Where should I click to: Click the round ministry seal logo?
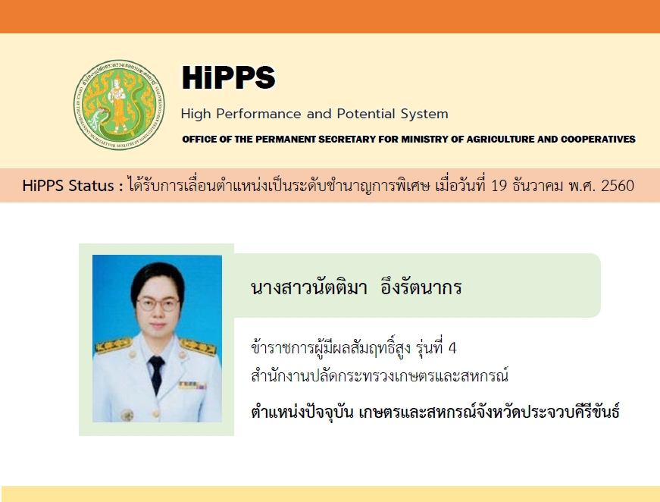click(119, 105)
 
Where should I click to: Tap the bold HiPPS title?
click(229, 77)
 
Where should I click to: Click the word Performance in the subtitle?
click(259, 114)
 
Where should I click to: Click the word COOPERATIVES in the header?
click(598, 139)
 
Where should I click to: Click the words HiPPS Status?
click(68, 185)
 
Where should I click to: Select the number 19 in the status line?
click(499, 185)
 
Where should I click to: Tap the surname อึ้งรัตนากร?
click(421, 287)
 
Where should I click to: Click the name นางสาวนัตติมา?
click(309, 287)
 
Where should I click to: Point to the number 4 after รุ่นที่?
click(452, 348)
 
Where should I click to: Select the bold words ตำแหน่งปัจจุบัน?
click(302, 412)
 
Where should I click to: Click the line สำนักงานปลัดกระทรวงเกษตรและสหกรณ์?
click(380, 375)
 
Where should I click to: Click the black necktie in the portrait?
click(156, 373)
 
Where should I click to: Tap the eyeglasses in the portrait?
click(158, 303)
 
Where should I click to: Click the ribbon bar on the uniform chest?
click(192, 385)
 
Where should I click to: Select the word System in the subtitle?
click(424, 115)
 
